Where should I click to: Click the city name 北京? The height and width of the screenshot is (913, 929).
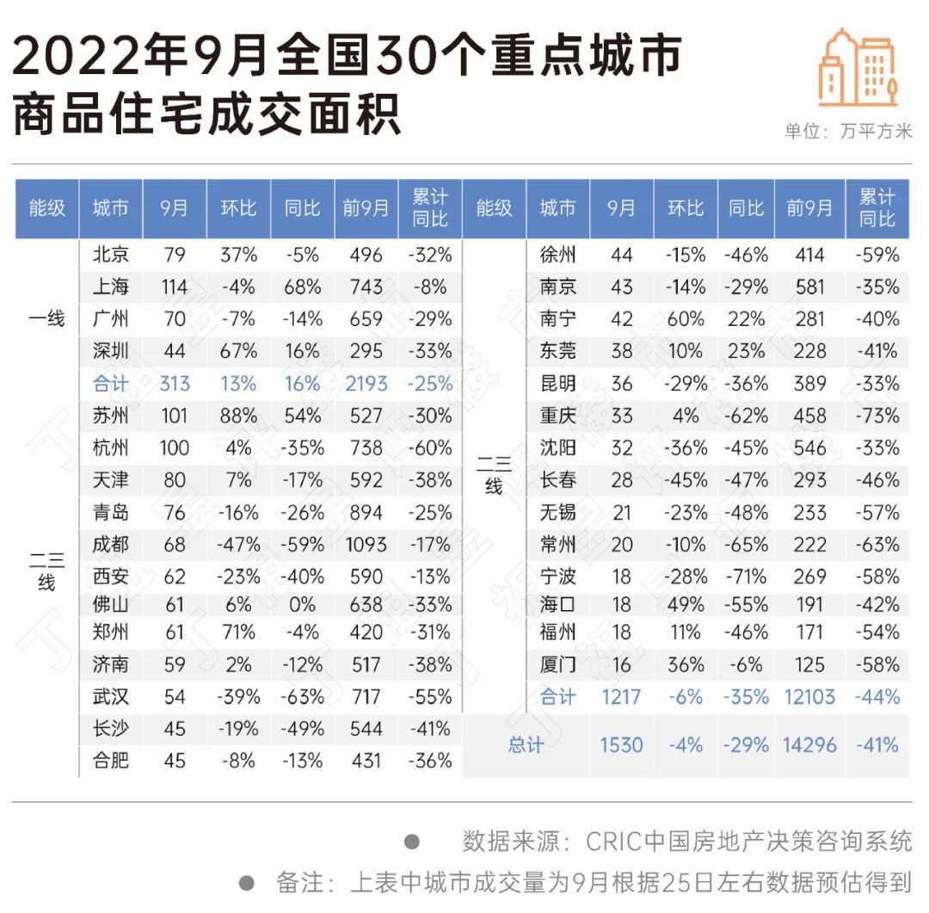pos(111,255)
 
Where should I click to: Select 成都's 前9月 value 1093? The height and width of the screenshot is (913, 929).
pos(366,545)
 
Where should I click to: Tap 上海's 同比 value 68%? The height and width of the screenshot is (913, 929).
pos(303,287)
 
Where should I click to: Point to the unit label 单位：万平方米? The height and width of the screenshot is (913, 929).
pos(847,132)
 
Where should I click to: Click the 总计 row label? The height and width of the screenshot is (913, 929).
pos(526,745)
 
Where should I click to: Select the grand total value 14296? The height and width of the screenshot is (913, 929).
pos(809,745)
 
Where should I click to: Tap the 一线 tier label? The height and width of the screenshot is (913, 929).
pos(46,319)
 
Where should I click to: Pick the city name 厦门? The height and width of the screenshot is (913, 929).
pos(557,664)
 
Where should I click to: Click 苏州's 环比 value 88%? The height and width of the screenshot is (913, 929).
pos(238,416)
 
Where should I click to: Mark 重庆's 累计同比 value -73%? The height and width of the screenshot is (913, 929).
pos(877,416)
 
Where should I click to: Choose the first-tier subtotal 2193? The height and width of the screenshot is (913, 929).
pos(366,384)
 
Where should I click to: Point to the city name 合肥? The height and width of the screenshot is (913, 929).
pos(111,761)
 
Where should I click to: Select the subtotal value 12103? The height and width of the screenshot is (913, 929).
pos(809,697)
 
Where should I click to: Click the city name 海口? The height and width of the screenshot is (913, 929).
pos(557,605)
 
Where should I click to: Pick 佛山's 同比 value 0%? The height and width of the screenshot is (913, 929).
pos(303,605)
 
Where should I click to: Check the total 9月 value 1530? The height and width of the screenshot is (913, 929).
pos(621,745)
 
